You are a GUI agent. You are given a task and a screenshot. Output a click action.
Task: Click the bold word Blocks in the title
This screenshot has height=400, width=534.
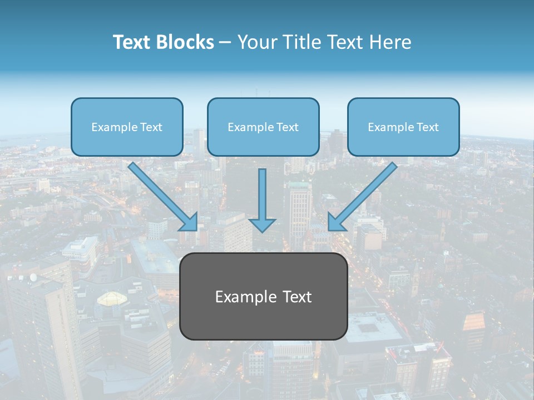185,42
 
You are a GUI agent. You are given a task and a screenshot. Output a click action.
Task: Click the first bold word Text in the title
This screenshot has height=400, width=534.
133,42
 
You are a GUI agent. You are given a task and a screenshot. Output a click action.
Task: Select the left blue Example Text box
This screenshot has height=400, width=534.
127,127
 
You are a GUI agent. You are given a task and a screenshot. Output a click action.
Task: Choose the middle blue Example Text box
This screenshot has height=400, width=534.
263,127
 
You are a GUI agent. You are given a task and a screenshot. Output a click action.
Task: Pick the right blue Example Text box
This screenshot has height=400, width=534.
403,127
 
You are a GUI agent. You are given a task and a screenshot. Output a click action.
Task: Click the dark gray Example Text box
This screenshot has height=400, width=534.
263,296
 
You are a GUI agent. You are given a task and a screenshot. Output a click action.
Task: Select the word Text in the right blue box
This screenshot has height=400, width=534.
428,127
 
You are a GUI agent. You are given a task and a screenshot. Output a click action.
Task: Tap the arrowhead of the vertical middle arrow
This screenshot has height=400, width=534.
262,224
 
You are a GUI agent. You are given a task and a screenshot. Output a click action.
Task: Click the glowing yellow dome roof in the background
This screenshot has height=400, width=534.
110,299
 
